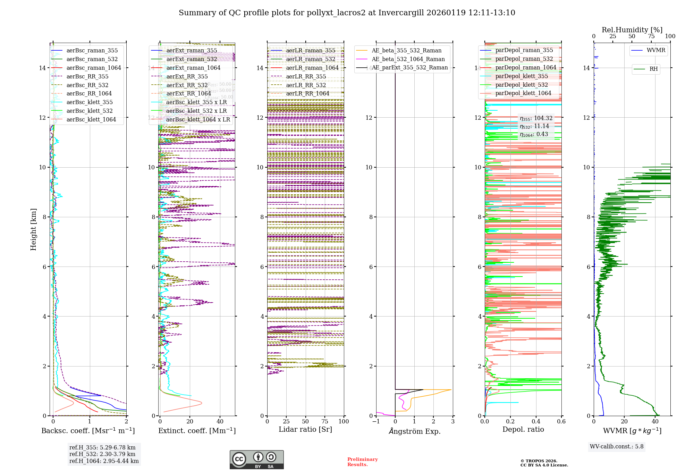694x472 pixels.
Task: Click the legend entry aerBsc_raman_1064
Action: coord(94,68)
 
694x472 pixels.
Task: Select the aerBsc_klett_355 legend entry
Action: coord(90,102)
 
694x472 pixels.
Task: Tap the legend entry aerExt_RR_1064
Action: coord(188,94)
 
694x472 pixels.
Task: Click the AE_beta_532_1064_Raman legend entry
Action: coord(408,59)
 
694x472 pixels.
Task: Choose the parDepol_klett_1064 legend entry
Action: coord(523,93)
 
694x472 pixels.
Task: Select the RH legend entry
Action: coord(653,69)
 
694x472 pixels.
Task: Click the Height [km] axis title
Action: coord(33,229)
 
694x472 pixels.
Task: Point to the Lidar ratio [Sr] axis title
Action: coord(305,430)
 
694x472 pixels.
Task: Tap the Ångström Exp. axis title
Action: coord(414,431)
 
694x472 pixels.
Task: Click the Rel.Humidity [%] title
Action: coord(632,30)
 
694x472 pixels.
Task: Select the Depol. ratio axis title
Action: coord(523,430)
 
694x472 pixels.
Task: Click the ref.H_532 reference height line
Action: coord(102,454)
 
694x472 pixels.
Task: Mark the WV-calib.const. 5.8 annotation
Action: coord(617,447)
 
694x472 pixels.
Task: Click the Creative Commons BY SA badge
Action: coord(256,460)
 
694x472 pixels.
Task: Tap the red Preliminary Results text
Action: coord(362,462)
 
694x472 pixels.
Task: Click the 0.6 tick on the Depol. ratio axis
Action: coord(561,422)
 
